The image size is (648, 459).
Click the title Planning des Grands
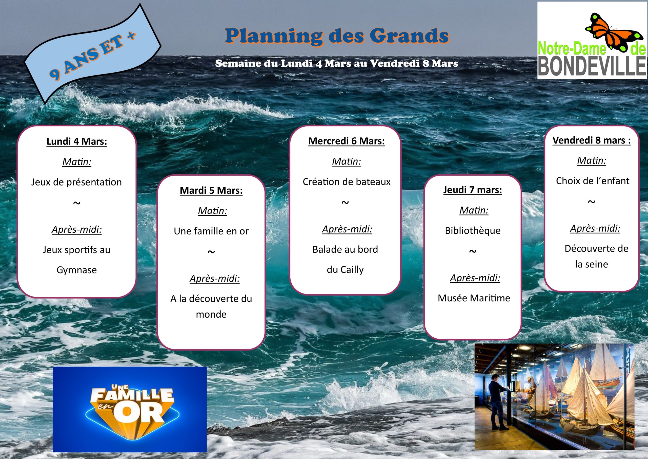[x=337, y=36]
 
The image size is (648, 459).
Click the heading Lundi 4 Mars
[x=77, y=141]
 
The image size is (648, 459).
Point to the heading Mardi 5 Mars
[x=211, y=191]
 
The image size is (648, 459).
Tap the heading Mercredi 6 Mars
[x=346, y=141]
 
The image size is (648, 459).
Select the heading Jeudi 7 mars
[x=473, y=190]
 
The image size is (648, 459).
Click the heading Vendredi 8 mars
[x=592, y=140]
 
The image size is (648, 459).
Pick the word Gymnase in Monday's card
[x=77, y=270]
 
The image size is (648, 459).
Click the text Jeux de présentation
[x=76, y=182]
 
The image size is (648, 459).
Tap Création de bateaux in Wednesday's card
[x=347, y=182]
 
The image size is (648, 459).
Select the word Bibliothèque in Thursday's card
[x=473, y=231]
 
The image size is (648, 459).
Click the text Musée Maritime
[x=474, y=298]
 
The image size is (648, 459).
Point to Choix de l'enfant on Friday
[x=593, y=181]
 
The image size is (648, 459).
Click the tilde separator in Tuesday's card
[x=211, y=251]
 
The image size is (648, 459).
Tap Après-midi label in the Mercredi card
[x=347, y=229]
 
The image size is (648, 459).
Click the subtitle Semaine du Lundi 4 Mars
[x=336, y=63]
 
